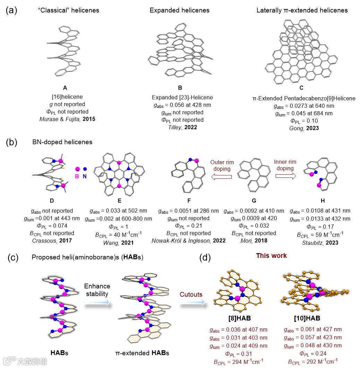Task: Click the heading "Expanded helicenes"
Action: tap(179, 10)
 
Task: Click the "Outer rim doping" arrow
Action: tap(221, 177)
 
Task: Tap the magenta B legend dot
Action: tap(77, 169)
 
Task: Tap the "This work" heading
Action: tap(271, 256)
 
